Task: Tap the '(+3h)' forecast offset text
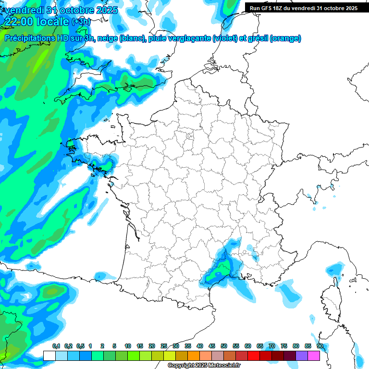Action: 80,21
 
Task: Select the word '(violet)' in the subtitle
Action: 225,38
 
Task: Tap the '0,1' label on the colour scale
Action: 56,346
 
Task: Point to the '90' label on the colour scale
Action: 320,346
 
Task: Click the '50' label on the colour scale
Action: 224,346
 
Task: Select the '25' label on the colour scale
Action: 164,346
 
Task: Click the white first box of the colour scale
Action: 49,356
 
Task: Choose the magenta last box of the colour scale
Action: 314,356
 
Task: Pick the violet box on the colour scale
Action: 302,356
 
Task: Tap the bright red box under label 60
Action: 254,356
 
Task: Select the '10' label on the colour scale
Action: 128,346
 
